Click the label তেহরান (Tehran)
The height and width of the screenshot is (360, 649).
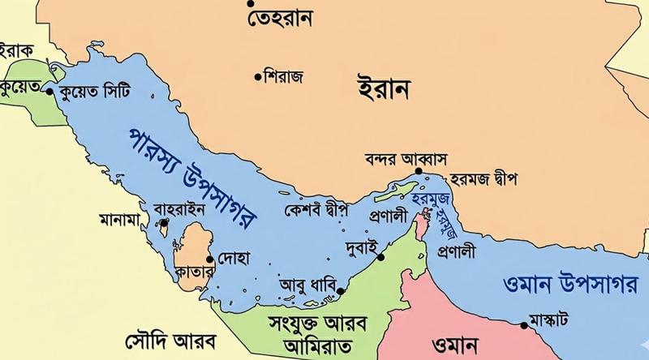click(282, 17)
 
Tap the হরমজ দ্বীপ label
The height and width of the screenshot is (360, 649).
click(484, 176)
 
